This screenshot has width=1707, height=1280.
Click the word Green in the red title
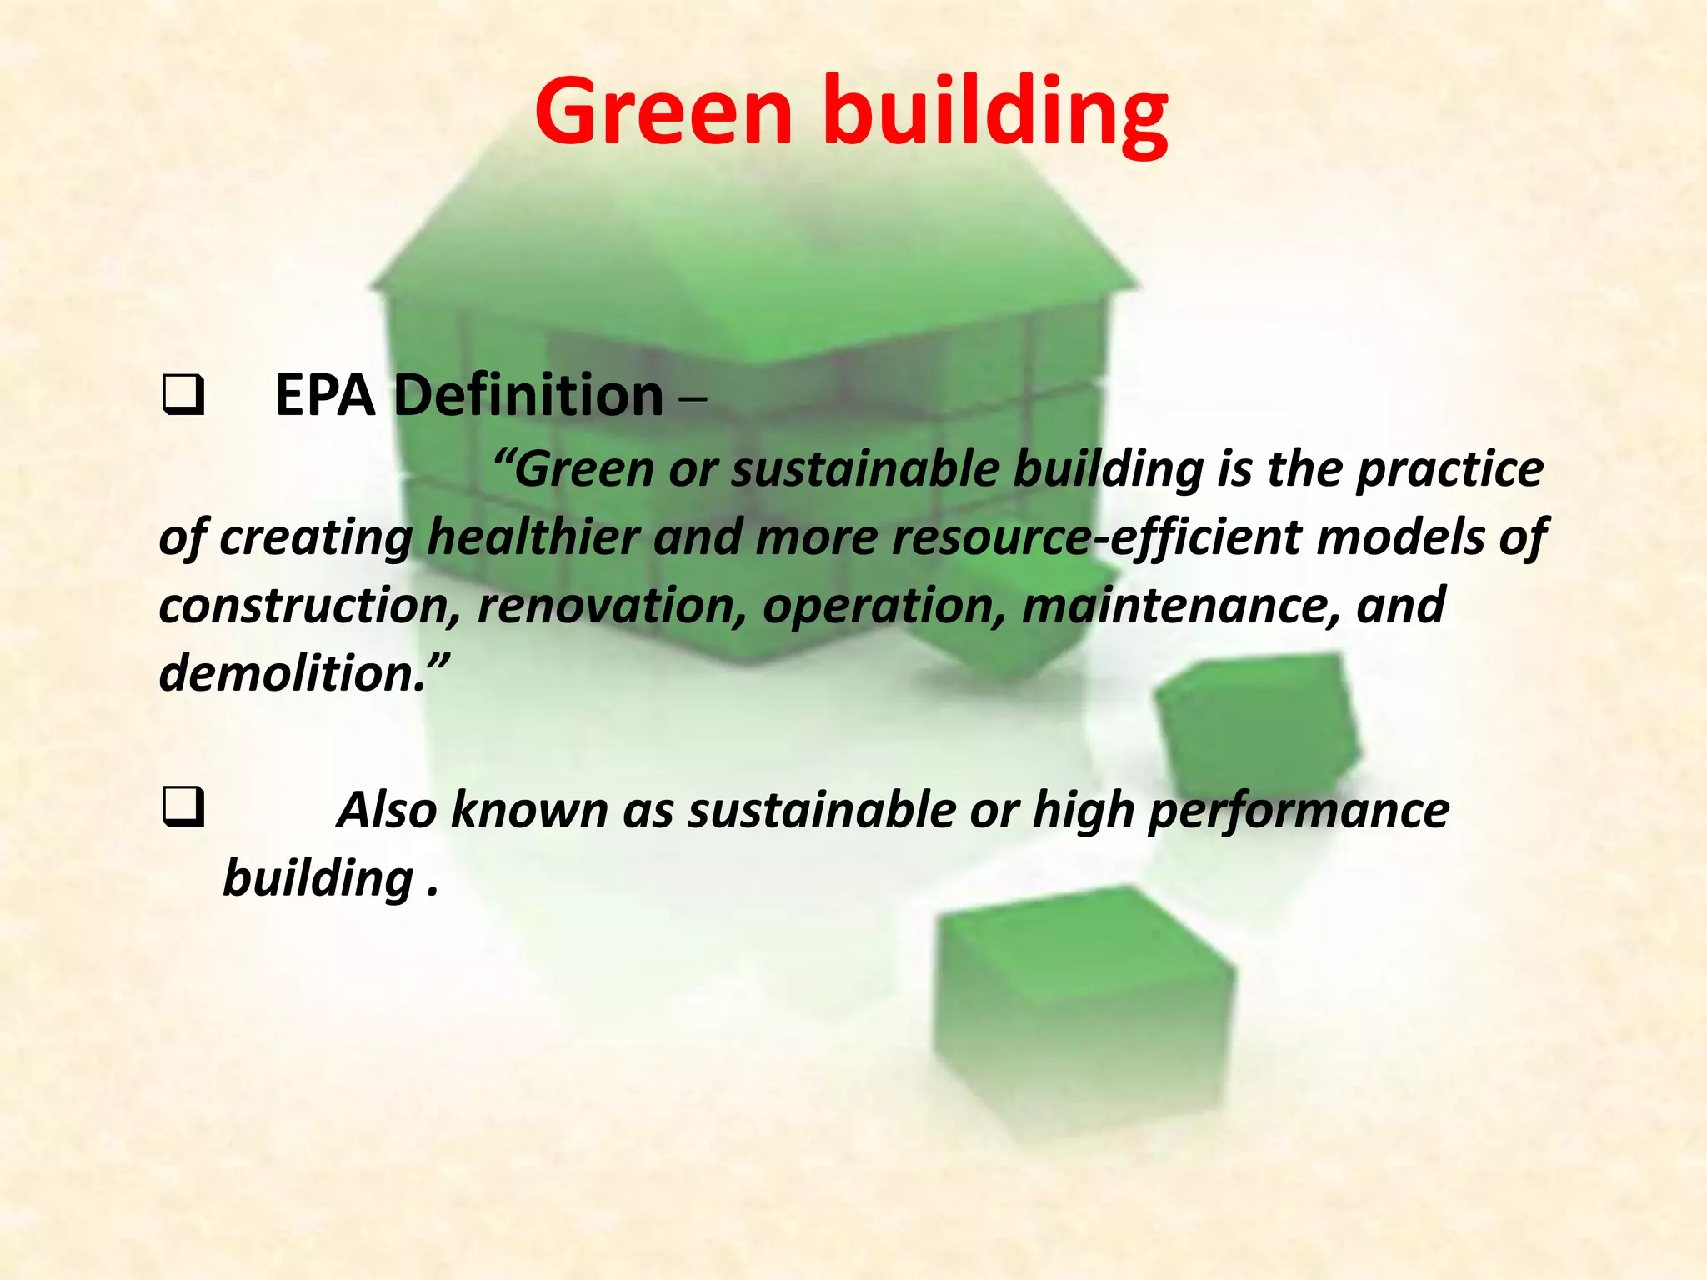663,112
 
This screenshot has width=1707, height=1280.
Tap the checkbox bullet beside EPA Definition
183,396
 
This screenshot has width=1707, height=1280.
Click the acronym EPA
325,395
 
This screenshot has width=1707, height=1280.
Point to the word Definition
528,395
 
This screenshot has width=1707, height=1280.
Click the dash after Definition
693,398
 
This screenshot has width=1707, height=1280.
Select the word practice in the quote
1450,469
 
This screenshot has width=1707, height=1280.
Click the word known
529,810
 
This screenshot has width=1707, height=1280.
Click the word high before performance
1083,810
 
